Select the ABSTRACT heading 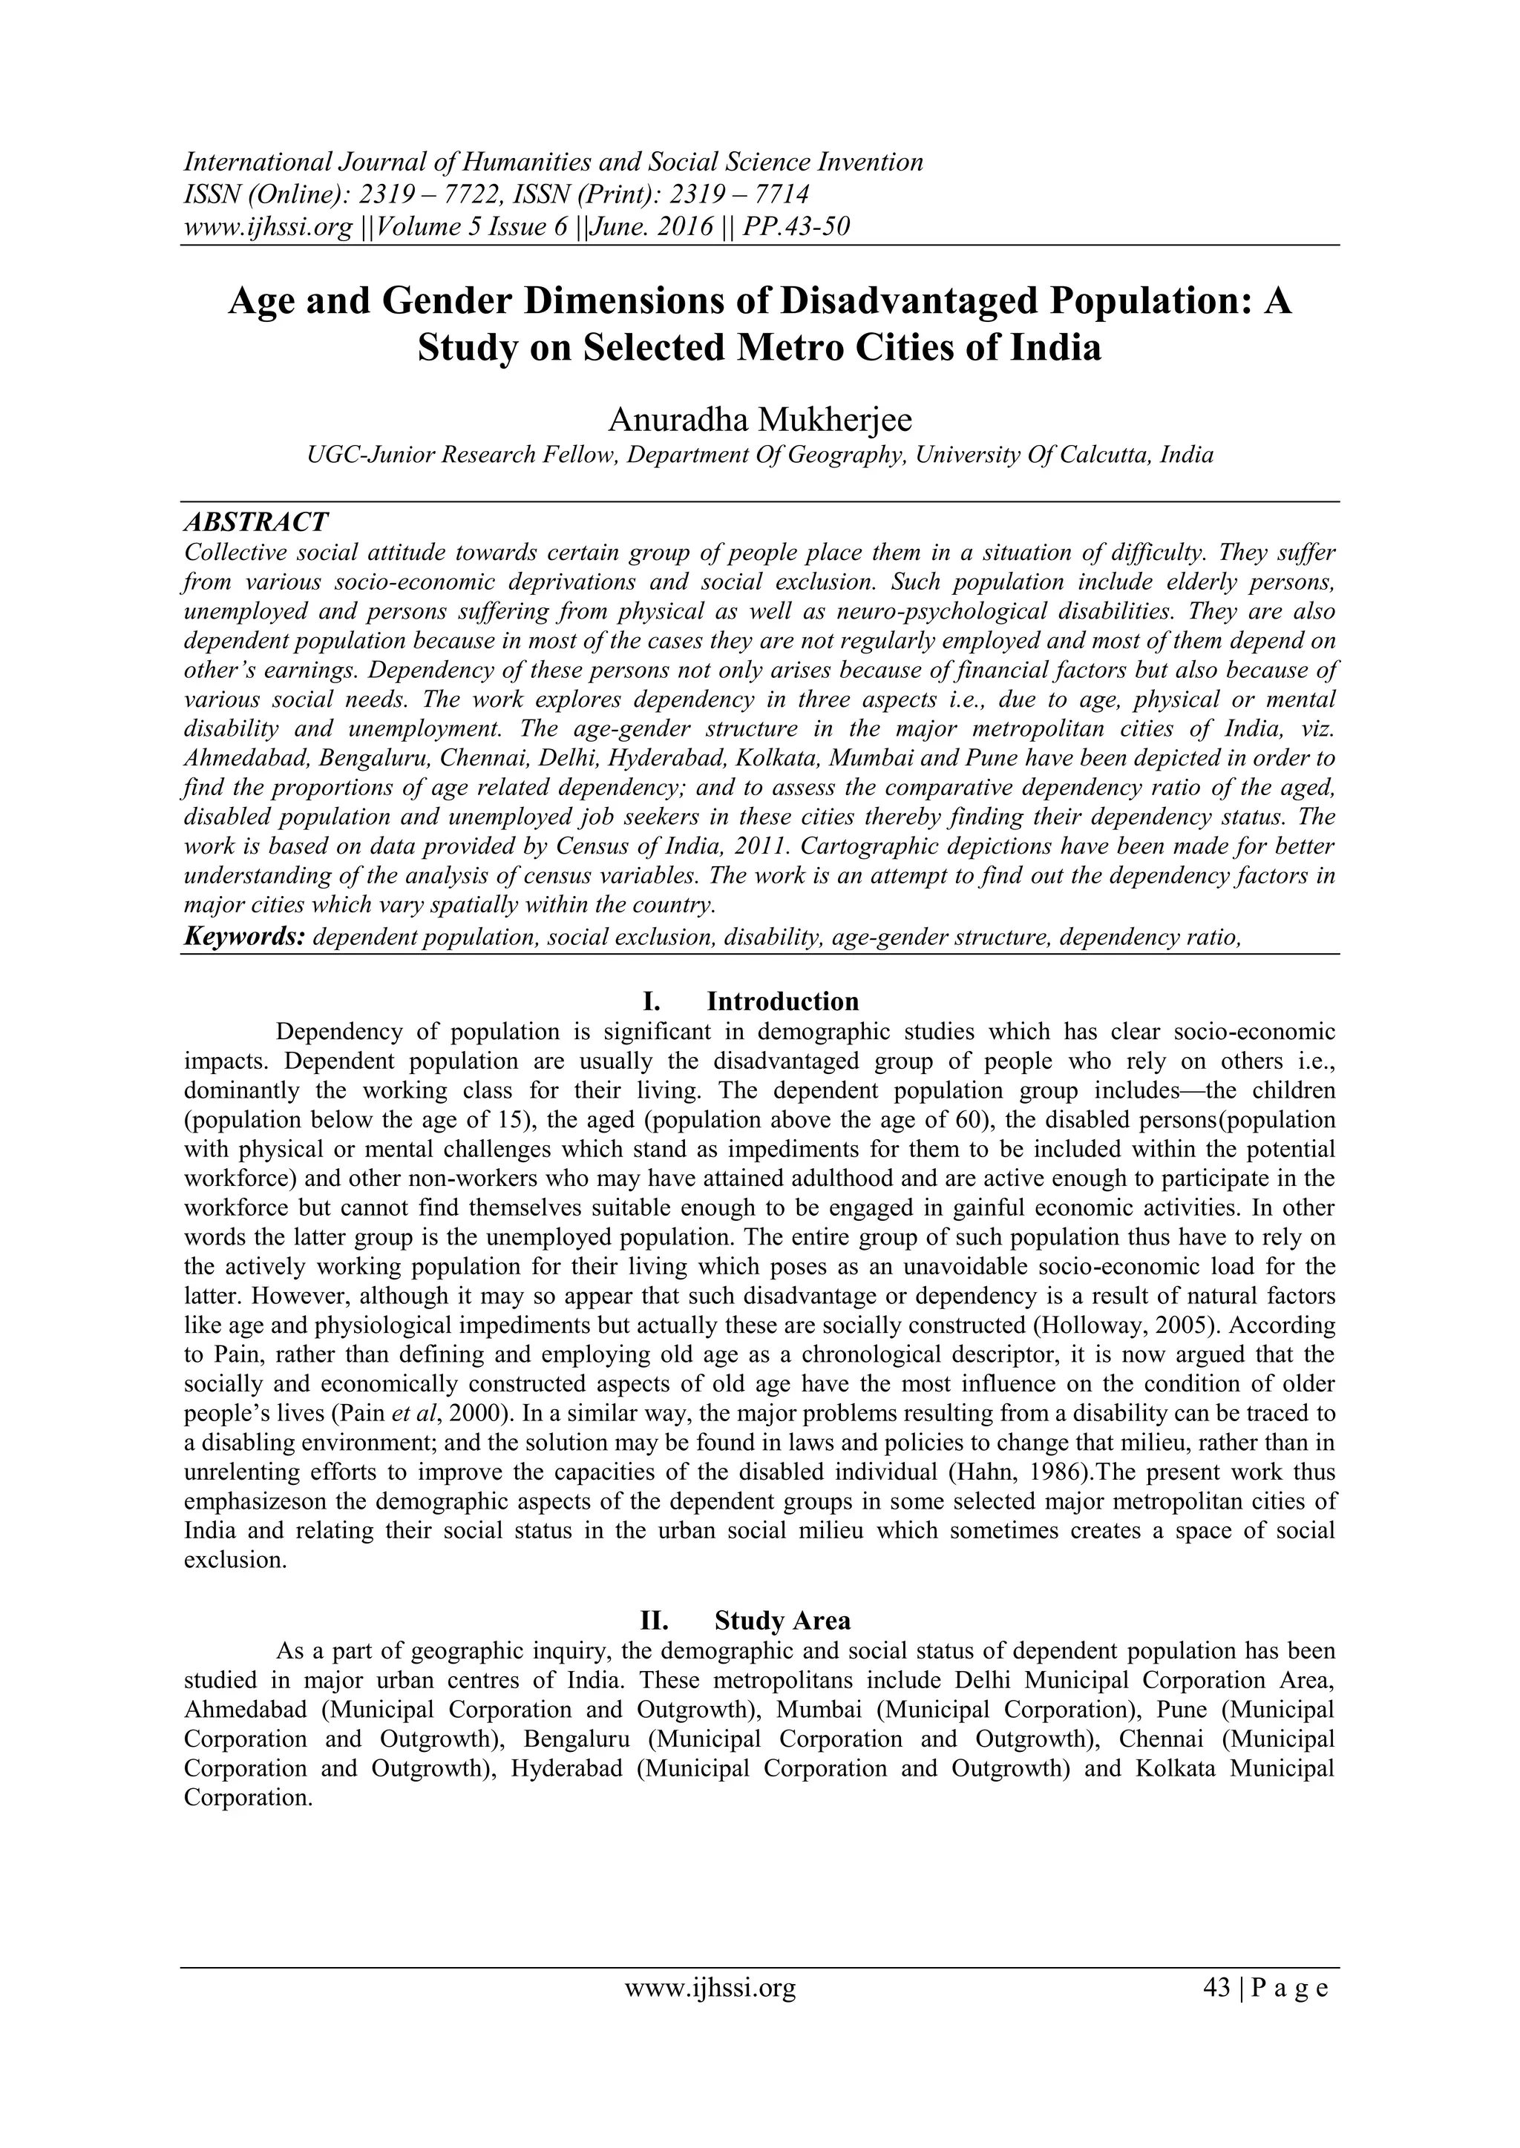point(255,521)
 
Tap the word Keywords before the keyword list point(243,937)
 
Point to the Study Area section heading point(782,1621)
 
